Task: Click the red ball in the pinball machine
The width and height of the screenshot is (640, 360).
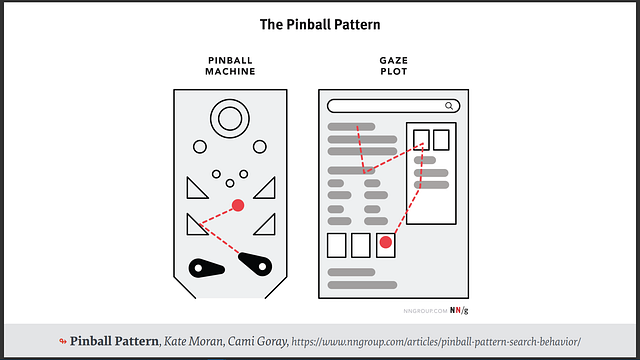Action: coord(238,205)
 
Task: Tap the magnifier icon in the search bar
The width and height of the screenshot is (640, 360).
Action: coord(450,105)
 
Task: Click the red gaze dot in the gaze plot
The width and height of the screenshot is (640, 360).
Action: coord(386,242)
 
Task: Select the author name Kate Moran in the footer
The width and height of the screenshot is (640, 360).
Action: coord(192,342)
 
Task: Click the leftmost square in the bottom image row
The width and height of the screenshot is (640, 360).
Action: coord(336,244)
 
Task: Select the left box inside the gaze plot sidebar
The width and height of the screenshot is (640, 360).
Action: coord(421,139)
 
